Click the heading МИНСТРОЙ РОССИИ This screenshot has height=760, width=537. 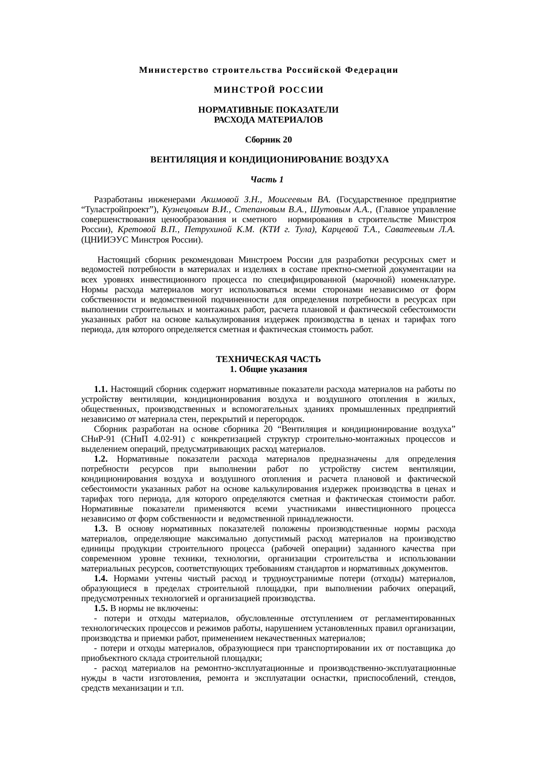(268, 91)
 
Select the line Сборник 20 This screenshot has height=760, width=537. (268, 140)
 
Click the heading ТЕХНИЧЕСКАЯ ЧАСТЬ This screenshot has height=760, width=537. (268, 360)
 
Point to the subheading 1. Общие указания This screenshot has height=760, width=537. (268, 370)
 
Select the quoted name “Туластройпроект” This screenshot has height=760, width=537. (120, 210)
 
